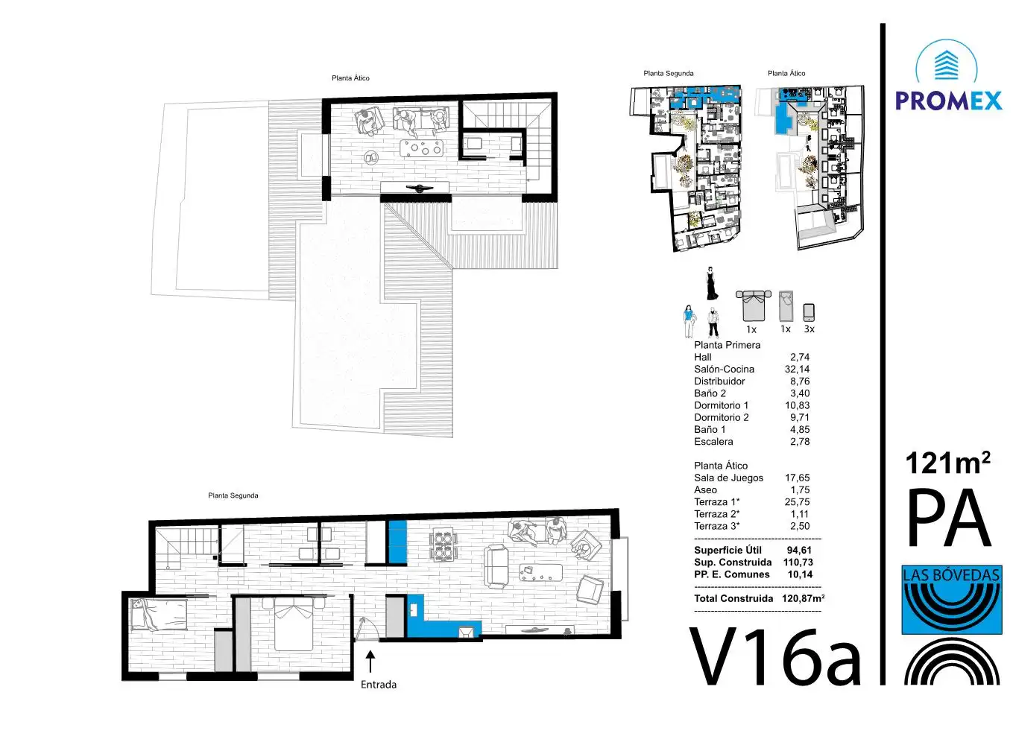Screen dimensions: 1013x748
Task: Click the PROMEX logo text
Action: pos(949,101)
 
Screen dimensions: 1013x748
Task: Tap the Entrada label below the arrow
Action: pos(378,685)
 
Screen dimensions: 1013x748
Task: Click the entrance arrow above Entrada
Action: pos(370,662)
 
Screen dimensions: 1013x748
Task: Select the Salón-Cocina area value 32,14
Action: pos(797,369)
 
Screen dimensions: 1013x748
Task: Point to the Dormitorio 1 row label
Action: pos(721,405)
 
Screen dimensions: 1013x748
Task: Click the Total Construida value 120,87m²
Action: pos(803,598)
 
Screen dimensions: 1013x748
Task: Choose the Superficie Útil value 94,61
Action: pos(799,550)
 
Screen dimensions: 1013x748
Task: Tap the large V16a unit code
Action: pos(775,658)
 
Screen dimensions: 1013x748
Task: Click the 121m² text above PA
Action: pos(948,463)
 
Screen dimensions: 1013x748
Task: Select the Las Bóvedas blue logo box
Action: pos(952,600)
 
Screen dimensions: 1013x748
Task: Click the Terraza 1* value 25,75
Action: pos(797,502)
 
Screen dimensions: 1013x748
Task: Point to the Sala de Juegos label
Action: pos(728,478)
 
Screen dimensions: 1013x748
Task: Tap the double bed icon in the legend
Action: pos(753,305)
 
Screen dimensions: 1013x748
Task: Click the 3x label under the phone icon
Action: pos(809,329)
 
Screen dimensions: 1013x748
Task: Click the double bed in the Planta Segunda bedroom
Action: pos(294,624)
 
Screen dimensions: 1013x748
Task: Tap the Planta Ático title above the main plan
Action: pos(350,78)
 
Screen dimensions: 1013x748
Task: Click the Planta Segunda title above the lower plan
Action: pos(233,495)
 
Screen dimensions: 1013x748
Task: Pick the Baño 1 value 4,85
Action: pos(800,429)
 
